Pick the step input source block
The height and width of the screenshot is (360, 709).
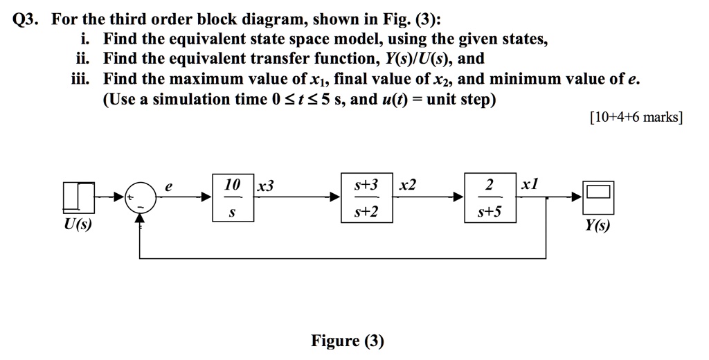(78, 197)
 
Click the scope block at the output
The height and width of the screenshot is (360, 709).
(597, 197)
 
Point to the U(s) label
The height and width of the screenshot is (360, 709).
(78, 225)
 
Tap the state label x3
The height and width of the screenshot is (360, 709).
(265, 186)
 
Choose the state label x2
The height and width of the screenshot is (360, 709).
(409, 186)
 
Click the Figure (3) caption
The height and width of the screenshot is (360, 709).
(347, 341)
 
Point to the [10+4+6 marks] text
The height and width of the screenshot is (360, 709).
(636, 118)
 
